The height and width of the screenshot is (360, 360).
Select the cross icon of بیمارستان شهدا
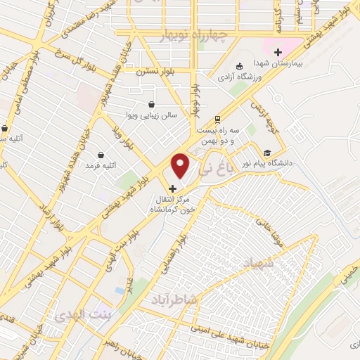(x=278, y=52)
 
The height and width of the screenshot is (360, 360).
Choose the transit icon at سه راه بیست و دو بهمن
(x=218, y=119)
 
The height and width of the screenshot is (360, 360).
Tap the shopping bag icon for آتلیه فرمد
(x=101, y=155)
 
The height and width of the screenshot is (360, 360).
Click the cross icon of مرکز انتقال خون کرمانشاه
(x=173, y=188)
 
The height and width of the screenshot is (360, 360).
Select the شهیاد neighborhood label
(x=256, y=263)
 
